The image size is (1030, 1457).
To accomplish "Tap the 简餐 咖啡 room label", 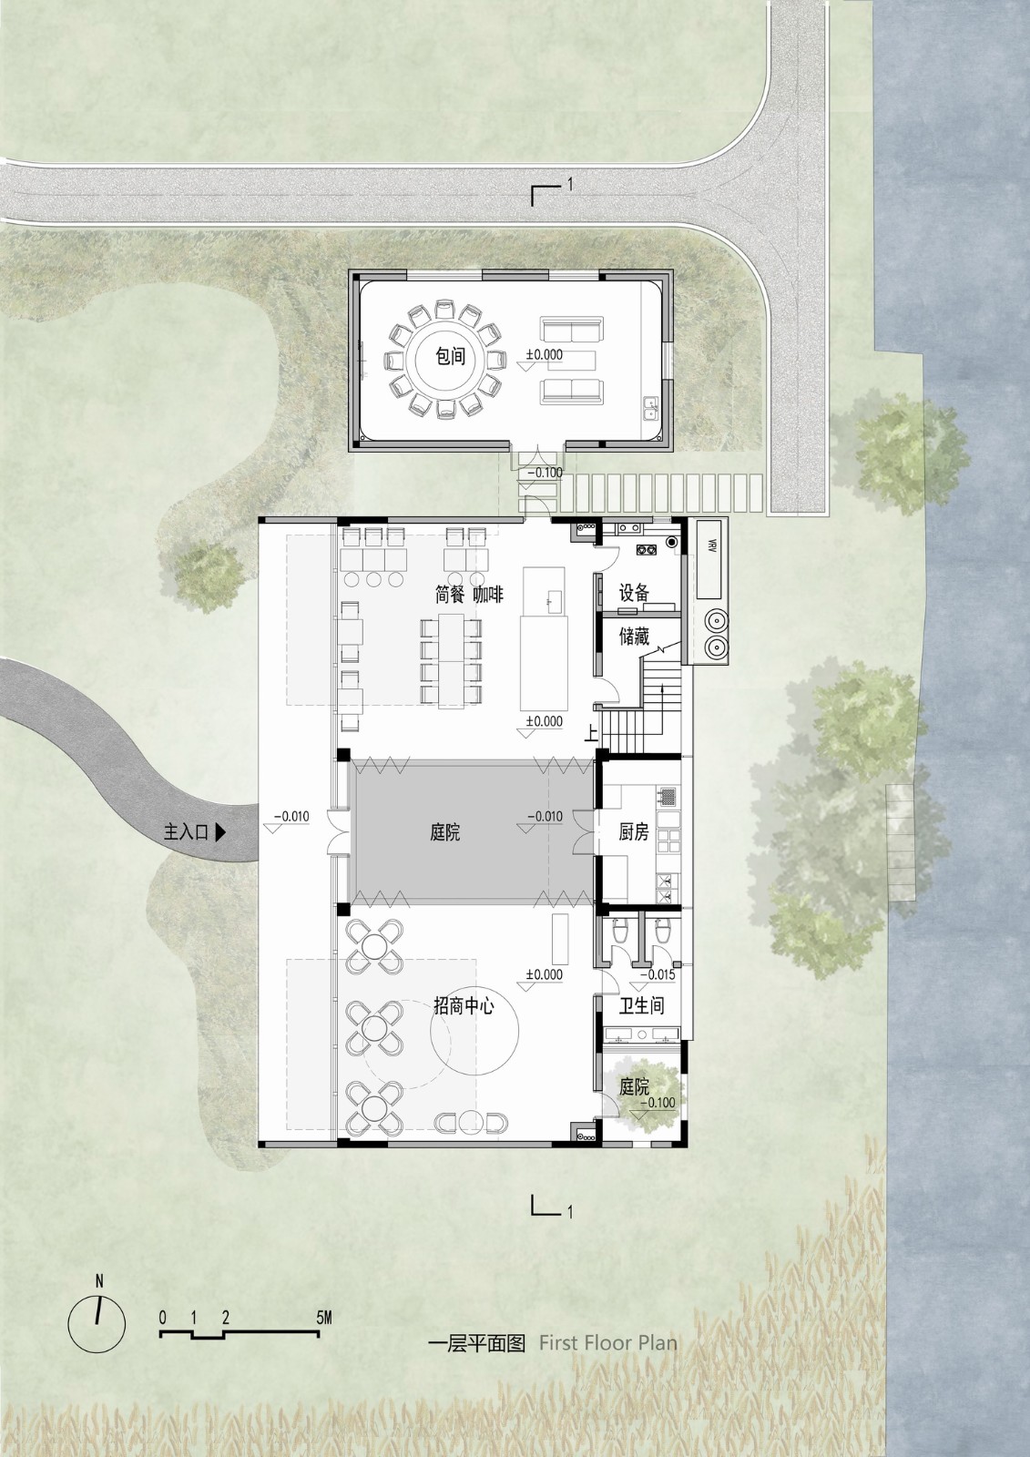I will [469, 594].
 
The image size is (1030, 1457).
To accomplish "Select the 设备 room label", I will [634, 593].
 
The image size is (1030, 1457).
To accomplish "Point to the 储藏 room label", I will [634, 637].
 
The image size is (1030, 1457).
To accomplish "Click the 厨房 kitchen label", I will [633, 831].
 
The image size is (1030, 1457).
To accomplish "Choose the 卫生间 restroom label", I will [641, 1005].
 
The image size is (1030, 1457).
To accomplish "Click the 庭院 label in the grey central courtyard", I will [445, 831].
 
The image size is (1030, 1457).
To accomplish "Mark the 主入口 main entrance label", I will [187, 831].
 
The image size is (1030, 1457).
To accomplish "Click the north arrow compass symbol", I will [97, 1317].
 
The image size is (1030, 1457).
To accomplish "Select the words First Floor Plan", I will [607, 1342].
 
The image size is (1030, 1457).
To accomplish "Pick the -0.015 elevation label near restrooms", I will [658, 974].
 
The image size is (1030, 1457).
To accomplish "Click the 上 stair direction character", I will [592, 733].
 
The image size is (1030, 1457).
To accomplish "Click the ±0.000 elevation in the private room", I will [545, 355].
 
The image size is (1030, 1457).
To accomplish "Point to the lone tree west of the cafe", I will [209, 576].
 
